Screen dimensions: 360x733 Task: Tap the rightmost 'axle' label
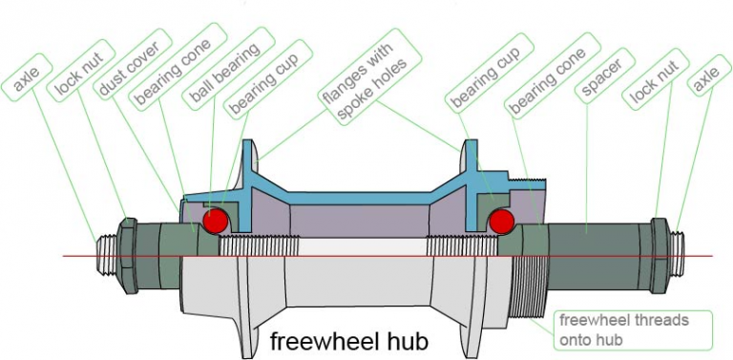coord(706,83)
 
